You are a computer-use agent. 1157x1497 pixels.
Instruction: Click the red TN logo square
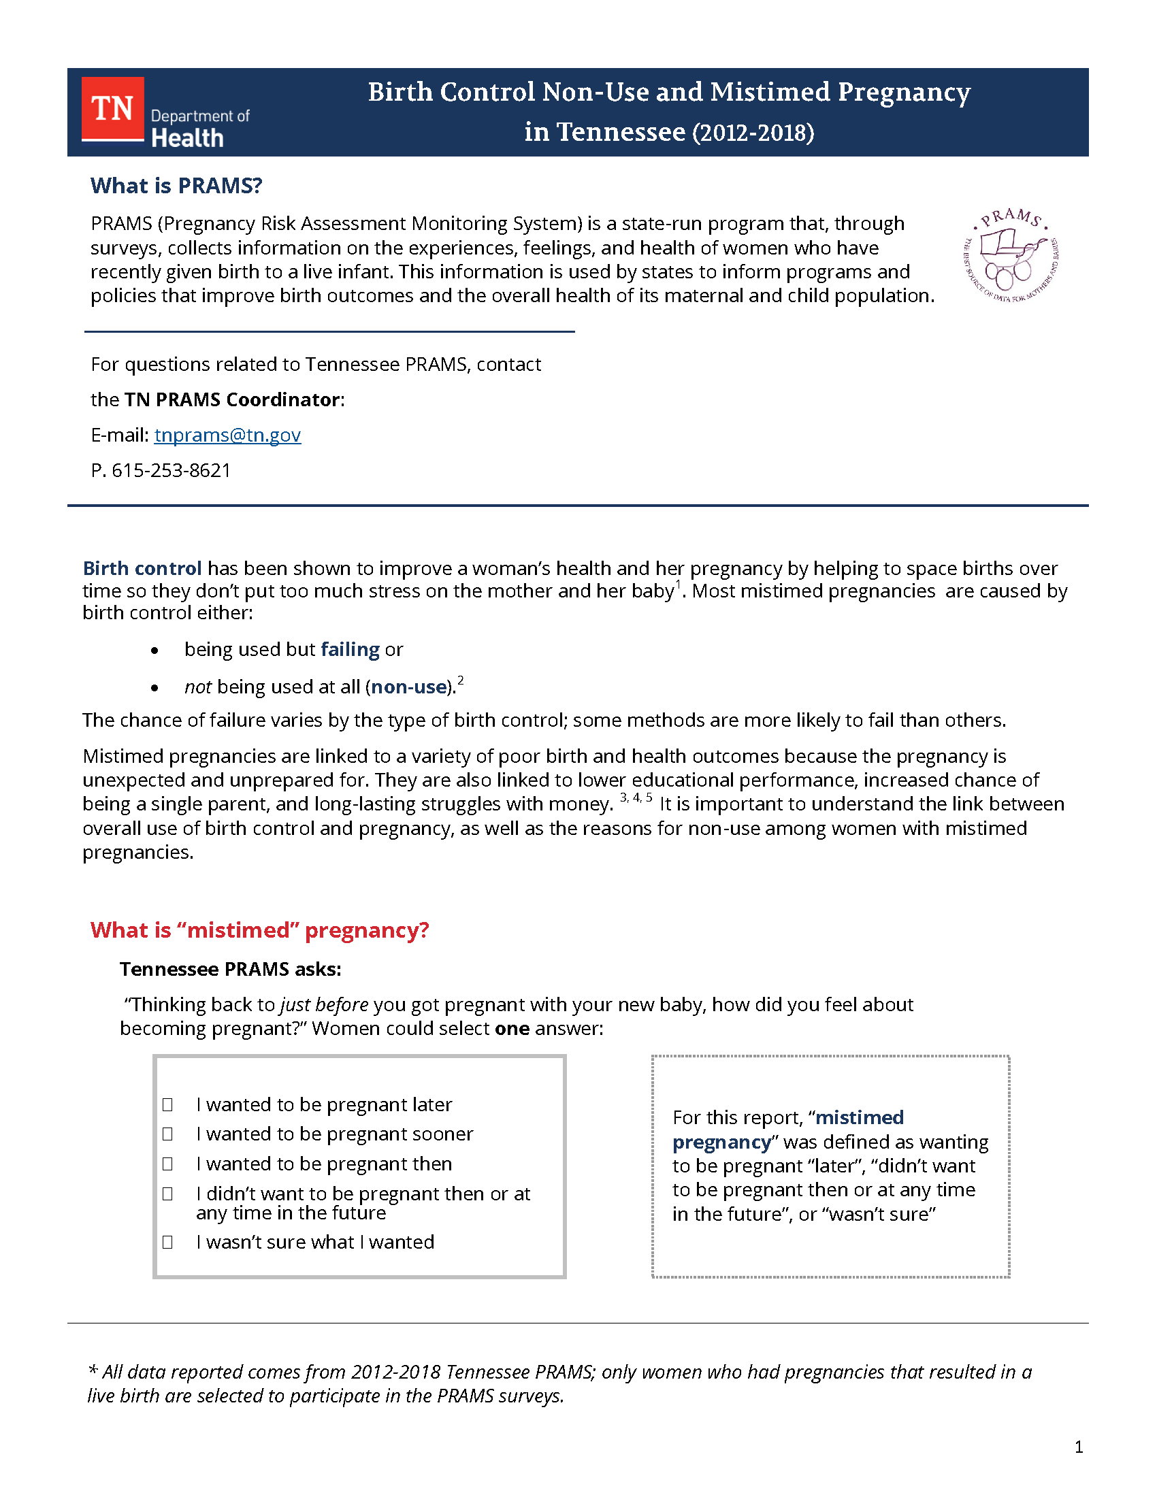point(112,108)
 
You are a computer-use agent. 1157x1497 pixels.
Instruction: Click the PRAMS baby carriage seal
point(1011,256)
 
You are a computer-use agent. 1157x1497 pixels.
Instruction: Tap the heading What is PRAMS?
point(176,186)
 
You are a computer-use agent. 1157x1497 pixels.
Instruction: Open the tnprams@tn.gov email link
point(227,435)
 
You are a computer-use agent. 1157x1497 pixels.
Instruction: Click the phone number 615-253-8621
point(172,470)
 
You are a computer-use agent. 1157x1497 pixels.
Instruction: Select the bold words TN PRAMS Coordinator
point(231,399)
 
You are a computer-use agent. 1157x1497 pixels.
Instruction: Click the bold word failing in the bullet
point(350,649)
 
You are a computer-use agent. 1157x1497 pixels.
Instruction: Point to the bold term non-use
point(408,687)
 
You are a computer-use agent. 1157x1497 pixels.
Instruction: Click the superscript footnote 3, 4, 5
point(636,798)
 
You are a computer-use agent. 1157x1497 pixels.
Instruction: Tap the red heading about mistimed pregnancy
point(259,930)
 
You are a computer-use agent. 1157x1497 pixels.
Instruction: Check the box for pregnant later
point(167,1105)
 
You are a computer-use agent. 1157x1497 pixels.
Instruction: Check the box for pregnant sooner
point(167,1134)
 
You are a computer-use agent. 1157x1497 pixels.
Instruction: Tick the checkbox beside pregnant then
point(167,1164)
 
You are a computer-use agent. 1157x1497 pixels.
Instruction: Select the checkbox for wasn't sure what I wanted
point(167,1242)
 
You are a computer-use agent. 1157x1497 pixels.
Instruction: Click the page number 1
point(1079,1447)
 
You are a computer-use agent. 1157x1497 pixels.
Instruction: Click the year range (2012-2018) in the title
point(753,132)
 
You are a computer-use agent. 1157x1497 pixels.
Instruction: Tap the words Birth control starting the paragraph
point(142,568)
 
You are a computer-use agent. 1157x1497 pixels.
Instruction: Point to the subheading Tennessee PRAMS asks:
point(230,969)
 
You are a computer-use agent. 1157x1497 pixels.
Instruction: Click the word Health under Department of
point(187,137)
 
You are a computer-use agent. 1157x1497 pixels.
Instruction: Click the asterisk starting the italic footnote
point(93,1372)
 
